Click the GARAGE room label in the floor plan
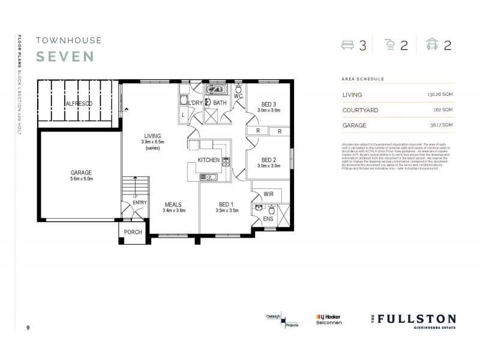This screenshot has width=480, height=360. (x=81, y=172)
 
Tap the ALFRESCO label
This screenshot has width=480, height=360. (x=79, y=104)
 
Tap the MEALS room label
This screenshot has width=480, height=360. (x=173, y=205)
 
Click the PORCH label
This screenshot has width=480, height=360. (x=133, y=232)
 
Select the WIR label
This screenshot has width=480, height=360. (x=269, y=194)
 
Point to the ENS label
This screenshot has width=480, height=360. (x=269, y=220)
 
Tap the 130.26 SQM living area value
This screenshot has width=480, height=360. (x=440, y=95)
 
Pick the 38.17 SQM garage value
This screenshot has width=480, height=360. (x=442, y=125)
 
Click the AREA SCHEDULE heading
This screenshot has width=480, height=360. (x=362, y=79)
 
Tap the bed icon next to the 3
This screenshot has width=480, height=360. (x=347, y=45)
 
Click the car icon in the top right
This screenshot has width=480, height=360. (x=431, y=45)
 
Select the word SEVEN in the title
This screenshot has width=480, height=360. (x=65, y=56)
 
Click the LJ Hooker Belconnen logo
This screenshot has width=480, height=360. (x=328, y=319)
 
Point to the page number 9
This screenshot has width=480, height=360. (x=28, y=328)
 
